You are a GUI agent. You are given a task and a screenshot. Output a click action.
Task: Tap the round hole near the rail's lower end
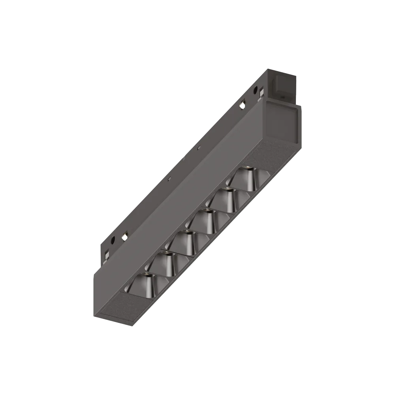coord(113,239)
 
